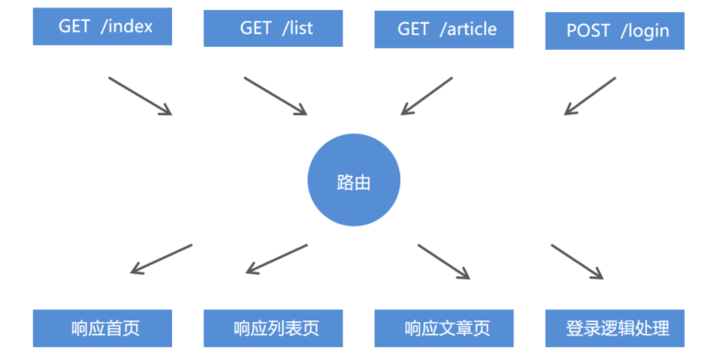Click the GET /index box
(104, 27)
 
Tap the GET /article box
(446, 29)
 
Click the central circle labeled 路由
(353, 181)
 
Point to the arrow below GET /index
(140, 96)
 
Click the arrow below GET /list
(275, 96)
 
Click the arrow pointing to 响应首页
(161, 259)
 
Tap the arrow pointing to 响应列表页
(277, 259)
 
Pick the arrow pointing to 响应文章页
(444, 261)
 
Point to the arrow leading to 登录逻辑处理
(577, 261)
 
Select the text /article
(468, 29)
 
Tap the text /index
(126, 27)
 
